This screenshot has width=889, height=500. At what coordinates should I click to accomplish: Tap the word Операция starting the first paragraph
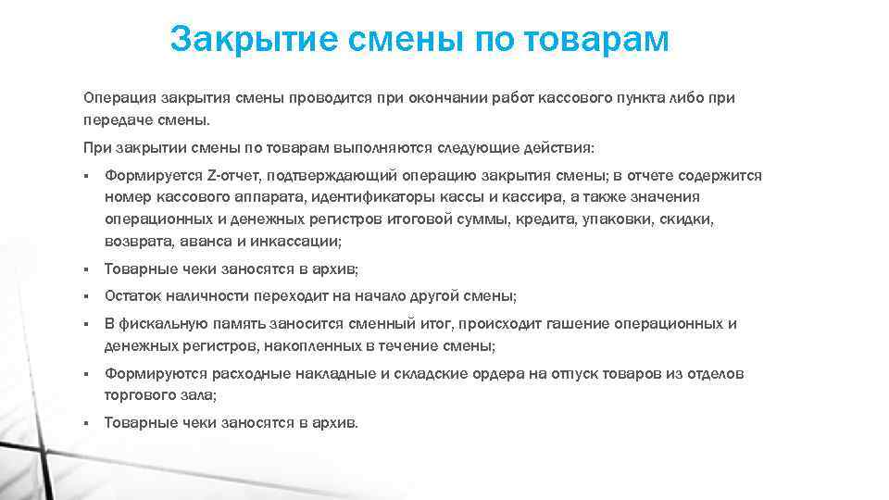pos(119,98)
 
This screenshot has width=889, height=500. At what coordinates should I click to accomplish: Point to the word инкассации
pos(298,242)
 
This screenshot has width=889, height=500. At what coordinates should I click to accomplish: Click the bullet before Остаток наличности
pos(84,297)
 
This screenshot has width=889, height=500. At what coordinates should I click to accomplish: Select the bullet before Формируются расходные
pos(84,375)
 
